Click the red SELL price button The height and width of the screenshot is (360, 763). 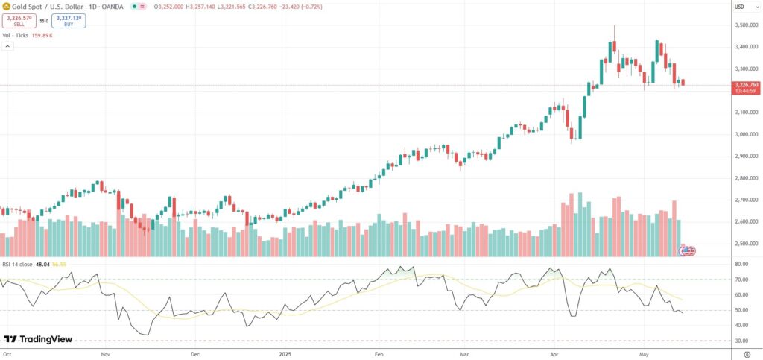[19, 21]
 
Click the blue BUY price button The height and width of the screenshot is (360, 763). [69, 21]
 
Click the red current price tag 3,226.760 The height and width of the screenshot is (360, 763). [746, 85]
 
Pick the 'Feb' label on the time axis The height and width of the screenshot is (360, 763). [378, 353]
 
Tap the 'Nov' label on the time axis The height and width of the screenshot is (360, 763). [105, 353]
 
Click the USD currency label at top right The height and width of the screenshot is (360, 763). [739, 7]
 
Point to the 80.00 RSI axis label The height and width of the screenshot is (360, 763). [741, 264]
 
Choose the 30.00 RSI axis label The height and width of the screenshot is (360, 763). [741, 341]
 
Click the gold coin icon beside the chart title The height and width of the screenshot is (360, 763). [6, 6]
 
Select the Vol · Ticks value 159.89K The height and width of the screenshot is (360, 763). [43, 34]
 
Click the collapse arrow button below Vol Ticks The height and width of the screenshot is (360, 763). [7, 46]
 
